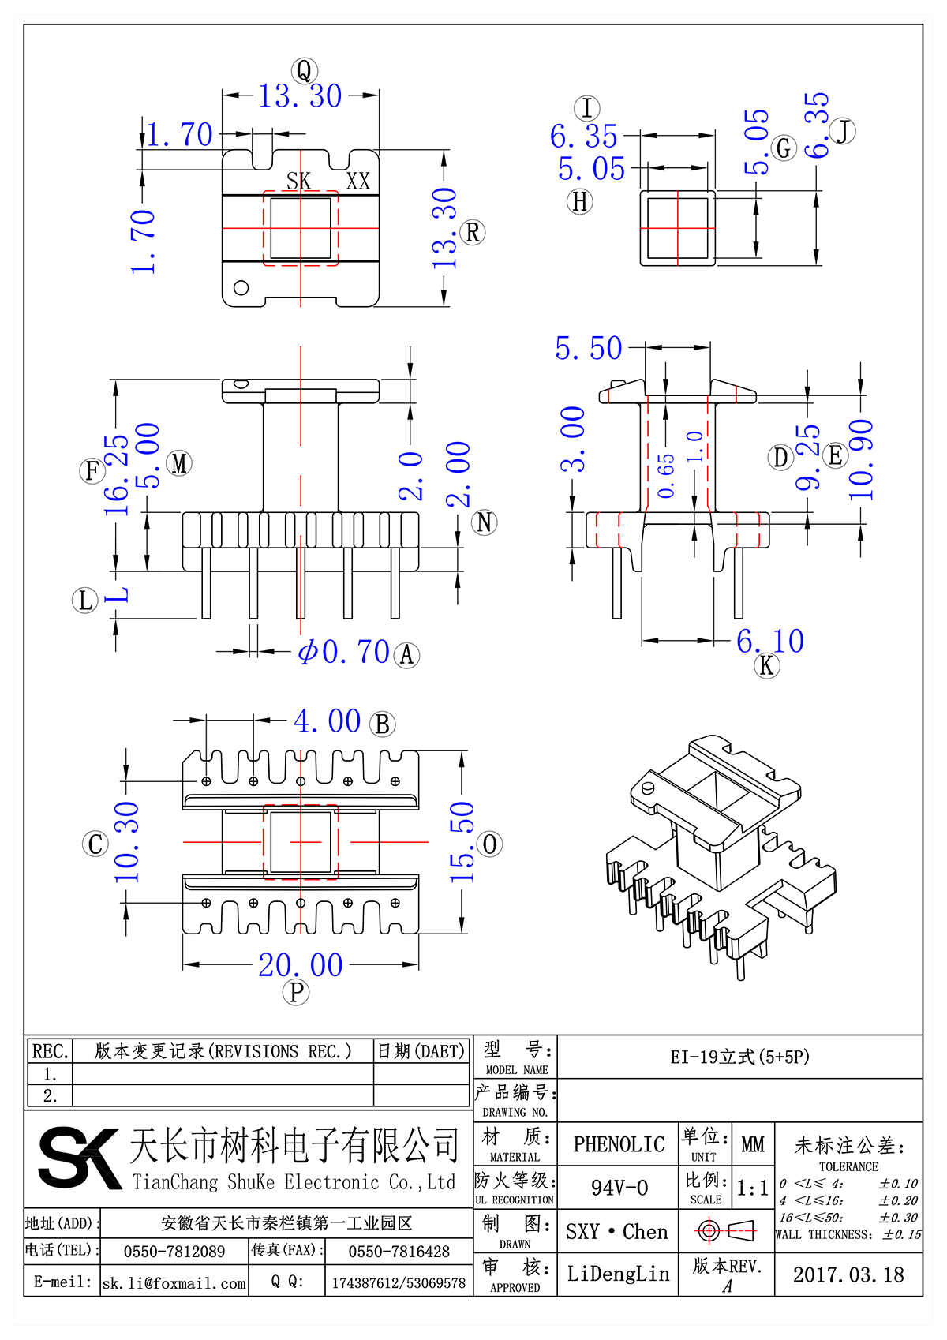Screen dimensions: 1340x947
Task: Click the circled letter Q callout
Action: [304, 71]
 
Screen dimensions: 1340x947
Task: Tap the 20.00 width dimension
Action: [301, 965]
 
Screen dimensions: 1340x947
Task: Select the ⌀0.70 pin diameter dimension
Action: [343, 652]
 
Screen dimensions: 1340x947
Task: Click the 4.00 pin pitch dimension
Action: [327, 721]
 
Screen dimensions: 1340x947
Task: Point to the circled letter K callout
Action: [766, 665]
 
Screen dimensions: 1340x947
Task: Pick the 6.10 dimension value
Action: [769, 641]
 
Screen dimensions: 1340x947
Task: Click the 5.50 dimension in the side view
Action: [589, 348]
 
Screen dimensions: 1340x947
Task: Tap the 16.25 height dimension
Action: [117, 475]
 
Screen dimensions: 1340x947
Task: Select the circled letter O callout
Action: [489, 844]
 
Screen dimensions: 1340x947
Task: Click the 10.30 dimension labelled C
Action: [127, 842]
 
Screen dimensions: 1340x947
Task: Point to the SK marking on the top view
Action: [298, 181]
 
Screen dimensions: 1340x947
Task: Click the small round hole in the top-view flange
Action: [241, 288]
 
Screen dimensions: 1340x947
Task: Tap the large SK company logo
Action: [79, 1157]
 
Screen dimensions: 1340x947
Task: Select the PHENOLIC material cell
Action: [619, 1144]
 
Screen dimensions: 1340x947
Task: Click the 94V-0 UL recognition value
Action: [619, 1188]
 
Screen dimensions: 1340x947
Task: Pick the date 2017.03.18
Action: [848, 1274]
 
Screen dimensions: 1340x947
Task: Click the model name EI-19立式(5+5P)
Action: [739, 1057]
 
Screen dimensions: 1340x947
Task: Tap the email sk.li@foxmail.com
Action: [174, 1283]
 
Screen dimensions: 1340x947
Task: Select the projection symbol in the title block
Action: [726, 1230]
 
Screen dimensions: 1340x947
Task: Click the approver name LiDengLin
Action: [618, 1274]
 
